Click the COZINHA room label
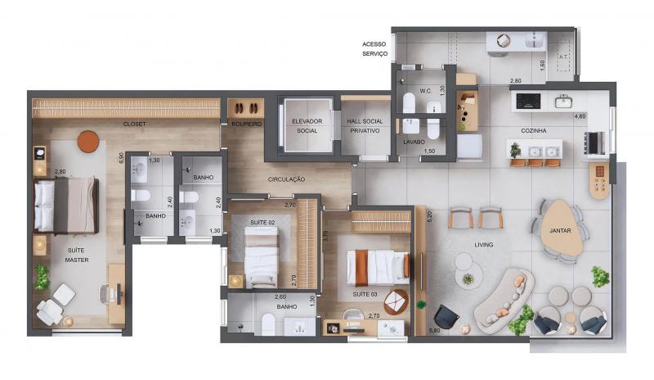534,131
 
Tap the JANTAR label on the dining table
560,230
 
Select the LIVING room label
484,245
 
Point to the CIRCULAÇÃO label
286,179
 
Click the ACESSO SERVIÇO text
374,49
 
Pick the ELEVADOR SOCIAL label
307,126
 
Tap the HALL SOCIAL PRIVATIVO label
365,126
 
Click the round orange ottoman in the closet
88,142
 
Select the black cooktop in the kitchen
528,102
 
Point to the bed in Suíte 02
261,257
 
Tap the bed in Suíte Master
66,205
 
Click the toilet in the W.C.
409,103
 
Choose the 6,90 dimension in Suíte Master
121,157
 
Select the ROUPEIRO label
247,124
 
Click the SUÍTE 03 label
365,294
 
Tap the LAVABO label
414,142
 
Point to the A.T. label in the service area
563,57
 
